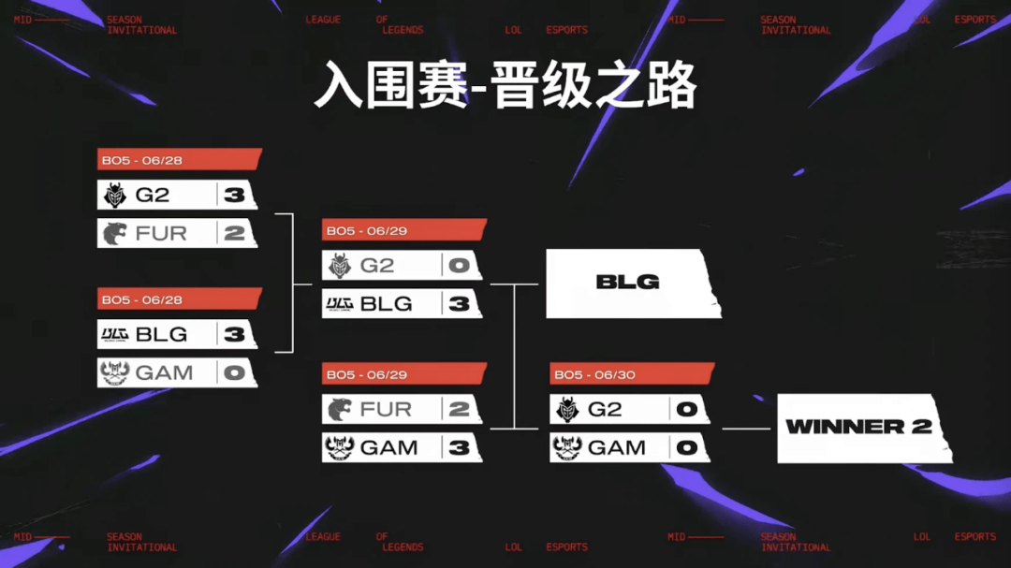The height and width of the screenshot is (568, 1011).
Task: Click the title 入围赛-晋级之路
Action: [x=505, y=87]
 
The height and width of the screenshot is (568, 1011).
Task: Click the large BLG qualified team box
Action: [x=629, y=282]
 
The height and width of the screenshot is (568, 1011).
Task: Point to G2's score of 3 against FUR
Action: [x=234, y=195]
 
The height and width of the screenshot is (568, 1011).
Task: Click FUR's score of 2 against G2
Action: [x=234, y=233]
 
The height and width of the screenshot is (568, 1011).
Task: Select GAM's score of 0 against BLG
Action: [x=234, y=372]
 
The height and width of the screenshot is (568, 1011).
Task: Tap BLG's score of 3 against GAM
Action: [x=234, y=334]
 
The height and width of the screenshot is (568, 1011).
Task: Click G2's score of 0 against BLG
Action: [x=459, y=266]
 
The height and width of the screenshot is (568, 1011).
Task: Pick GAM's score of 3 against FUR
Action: [x=459, y=447]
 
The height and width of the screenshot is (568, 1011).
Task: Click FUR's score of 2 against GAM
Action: [x=459, y=409]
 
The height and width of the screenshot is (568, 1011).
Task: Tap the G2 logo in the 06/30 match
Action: [x=566, y=410]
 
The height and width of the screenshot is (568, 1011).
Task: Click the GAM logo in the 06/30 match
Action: [x=566, y=447]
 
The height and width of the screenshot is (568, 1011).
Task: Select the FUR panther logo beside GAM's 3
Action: [x=339, y=409]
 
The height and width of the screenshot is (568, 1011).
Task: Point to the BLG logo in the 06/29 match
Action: [x=339, y=303]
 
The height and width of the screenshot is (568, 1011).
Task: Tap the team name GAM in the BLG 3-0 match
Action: [x=164, y=372]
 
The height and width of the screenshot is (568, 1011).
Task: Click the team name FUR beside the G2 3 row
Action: [x=161, y=233]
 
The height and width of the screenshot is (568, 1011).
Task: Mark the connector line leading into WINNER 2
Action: [x=745, y=429]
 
